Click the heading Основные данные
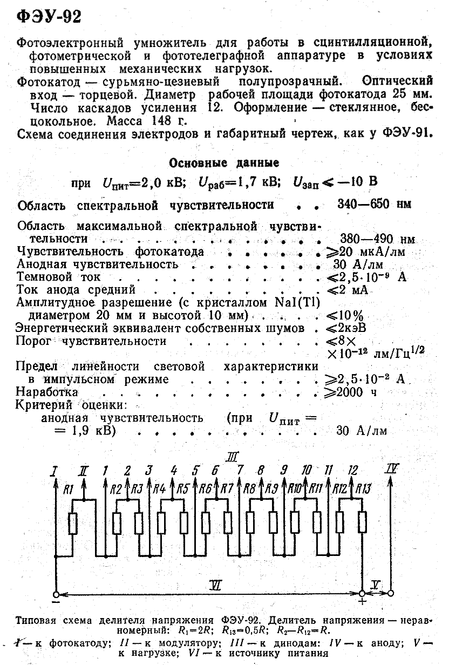(x=224, y=162)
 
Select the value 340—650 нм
(x=374, y=205)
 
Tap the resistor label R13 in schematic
(x=363, y=490)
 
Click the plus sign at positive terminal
(x=362, y=601)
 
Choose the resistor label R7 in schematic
(x=227, y=490)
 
